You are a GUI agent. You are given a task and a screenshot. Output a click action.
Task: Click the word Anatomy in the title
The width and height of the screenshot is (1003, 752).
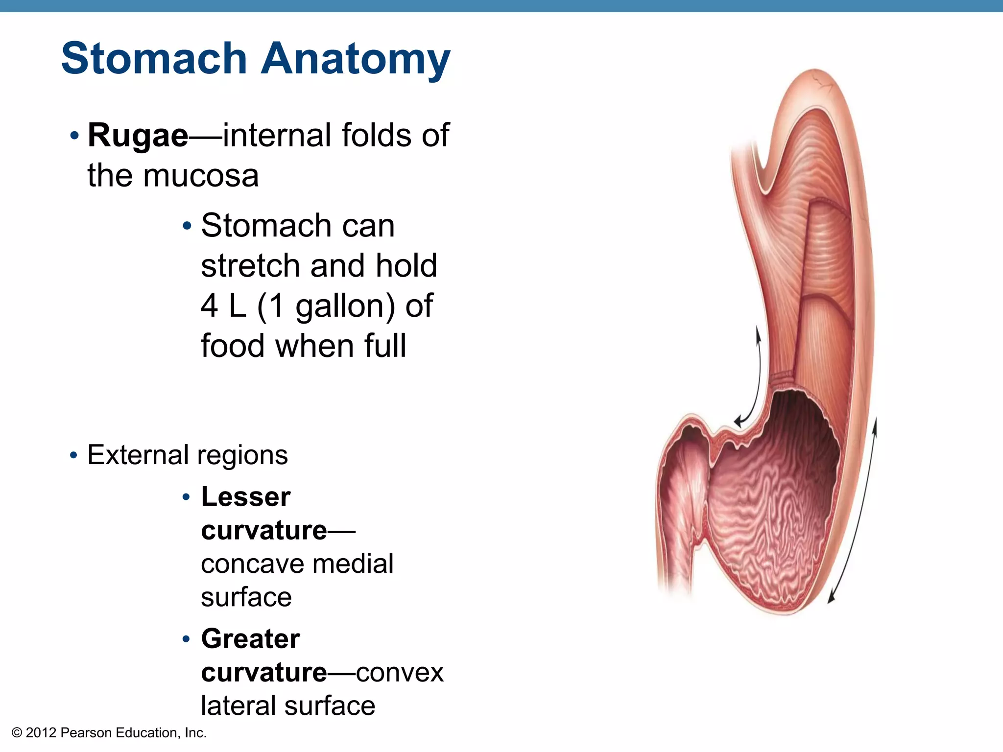(356, 60)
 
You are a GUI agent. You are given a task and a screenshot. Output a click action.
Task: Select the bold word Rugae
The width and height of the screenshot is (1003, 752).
(138, 136)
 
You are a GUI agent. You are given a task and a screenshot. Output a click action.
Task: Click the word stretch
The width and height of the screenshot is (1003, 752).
(250, 265)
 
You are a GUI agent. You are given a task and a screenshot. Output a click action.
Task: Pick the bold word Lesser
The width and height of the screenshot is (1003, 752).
(246, 497)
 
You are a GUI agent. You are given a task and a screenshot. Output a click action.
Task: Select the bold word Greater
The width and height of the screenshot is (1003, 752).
(250, 638)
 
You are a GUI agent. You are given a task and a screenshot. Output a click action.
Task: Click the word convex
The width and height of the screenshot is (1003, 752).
(400, 672)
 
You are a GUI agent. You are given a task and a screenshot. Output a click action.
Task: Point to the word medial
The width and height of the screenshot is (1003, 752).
(353, 564)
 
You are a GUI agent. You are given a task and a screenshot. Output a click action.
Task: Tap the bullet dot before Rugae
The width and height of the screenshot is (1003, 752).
(74, 135)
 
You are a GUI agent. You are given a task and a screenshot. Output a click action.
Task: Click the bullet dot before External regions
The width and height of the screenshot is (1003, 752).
(73, 455)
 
